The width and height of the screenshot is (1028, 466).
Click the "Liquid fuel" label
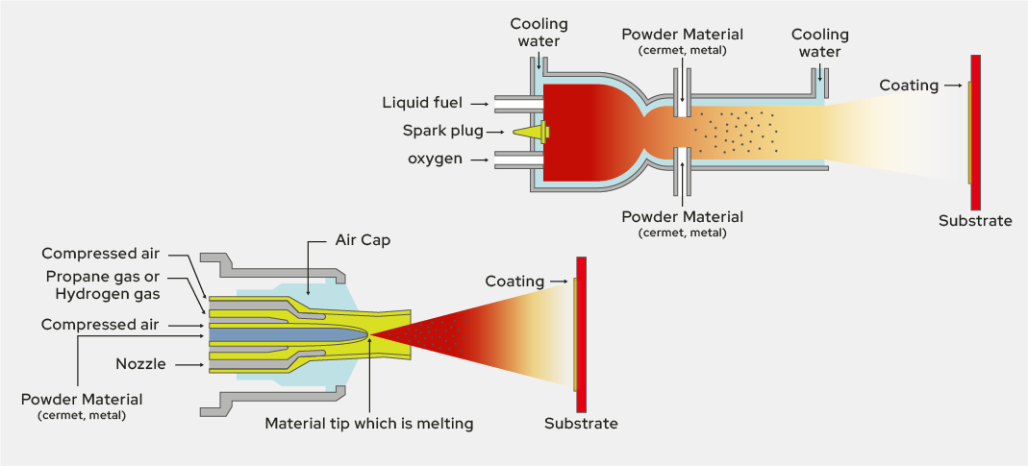[422, 103]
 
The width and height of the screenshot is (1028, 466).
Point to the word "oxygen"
[436, 158]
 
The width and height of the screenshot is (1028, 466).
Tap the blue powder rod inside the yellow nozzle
[279, 332]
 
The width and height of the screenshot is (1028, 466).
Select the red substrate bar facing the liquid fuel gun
[975, 132]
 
